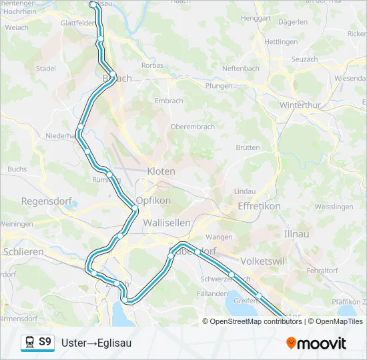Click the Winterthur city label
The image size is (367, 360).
301,106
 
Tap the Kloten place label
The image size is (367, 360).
161,171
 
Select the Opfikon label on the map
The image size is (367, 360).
153,201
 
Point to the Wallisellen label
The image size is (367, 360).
167,223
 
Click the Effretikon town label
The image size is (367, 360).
259,207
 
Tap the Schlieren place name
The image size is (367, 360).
23,252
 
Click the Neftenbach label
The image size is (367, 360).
240,69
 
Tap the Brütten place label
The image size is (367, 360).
248,147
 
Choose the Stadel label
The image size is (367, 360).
46,68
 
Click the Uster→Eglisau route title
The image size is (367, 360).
96,343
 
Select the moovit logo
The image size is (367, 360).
316,343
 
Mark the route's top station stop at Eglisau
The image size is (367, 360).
93,5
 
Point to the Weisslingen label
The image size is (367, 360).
334,207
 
